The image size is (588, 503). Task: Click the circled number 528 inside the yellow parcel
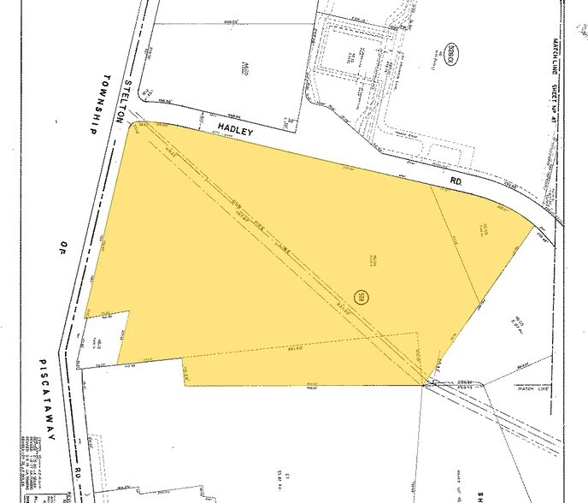pos(363,296)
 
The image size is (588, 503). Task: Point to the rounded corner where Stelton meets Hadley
pos(134,125)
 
